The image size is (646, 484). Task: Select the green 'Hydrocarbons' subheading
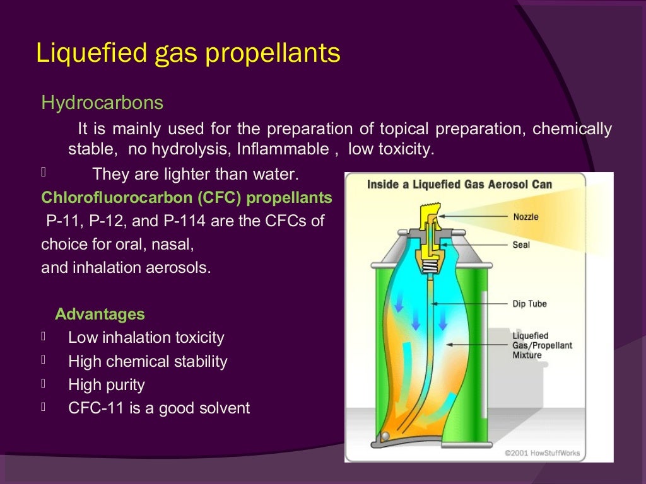[102, 103]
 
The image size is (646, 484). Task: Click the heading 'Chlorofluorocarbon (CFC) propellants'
[187, 198]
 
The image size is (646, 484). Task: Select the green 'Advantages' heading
[100, 314]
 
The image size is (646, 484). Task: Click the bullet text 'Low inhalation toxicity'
[146, 338]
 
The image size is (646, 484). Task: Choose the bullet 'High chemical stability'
[148, 362]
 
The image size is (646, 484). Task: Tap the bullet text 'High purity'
[106, 385]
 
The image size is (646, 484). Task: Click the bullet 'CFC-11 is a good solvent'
[159, 408]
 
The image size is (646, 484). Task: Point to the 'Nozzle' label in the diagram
[526, 217]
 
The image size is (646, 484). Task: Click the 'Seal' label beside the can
[521, 245]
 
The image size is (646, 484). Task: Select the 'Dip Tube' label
[529, 304]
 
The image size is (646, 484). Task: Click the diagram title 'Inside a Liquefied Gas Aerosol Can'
[460, 185]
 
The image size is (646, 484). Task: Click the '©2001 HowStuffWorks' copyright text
[543, 452]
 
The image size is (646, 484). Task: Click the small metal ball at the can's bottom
[385, 436]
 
